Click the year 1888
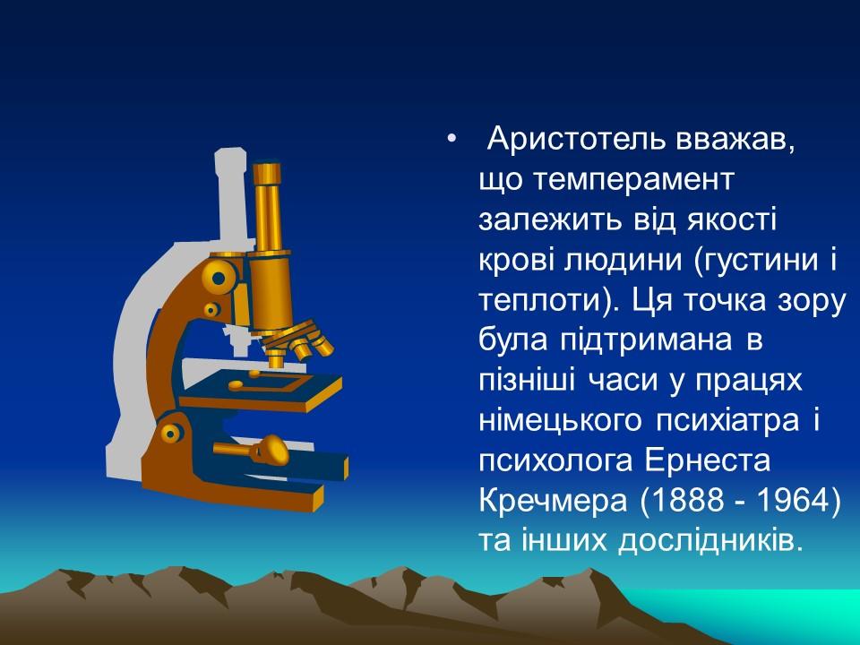(x=667, y=500)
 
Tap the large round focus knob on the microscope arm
(x=218, y=276)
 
